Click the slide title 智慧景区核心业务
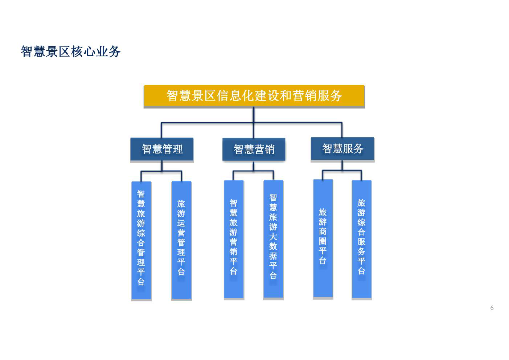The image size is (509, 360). [70, 52]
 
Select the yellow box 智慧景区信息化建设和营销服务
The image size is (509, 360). [254, 96]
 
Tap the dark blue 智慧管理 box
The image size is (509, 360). [162, 149]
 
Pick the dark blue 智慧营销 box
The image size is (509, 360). [254, 149]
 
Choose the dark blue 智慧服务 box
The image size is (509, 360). [342, 149]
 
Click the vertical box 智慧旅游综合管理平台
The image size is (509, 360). [141, 240]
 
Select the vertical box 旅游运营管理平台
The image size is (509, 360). [181, 240]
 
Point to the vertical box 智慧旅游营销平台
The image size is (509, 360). [234, 239]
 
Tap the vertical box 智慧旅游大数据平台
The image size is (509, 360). [273, 239]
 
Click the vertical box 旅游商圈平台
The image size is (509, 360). [323, 238]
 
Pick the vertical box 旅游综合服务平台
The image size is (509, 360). [362, 239]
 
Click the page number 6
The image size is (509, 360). [492, 308]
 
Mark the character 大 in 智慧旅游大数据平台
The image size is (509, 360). [273, 237]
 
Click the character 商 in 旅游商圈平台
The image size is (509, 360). [323, 232]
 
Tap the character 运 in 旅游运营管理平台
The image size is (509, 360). [181, 223]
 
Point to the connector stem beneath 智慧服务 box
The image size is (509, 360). [342, 165]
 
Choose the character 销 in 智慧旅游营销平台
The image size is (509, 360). [234, 251]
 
